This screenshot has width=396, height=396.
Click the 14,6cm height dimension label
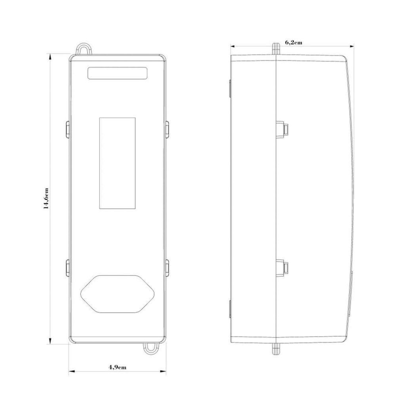46,198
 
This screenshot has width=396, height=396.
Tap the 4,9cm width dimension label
118,367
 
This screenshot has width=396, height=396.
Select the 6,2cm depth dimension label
293,42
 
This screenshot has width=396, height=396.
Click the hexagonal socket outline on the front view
81,294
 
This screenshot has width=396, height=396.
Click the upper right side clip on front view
167,129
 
